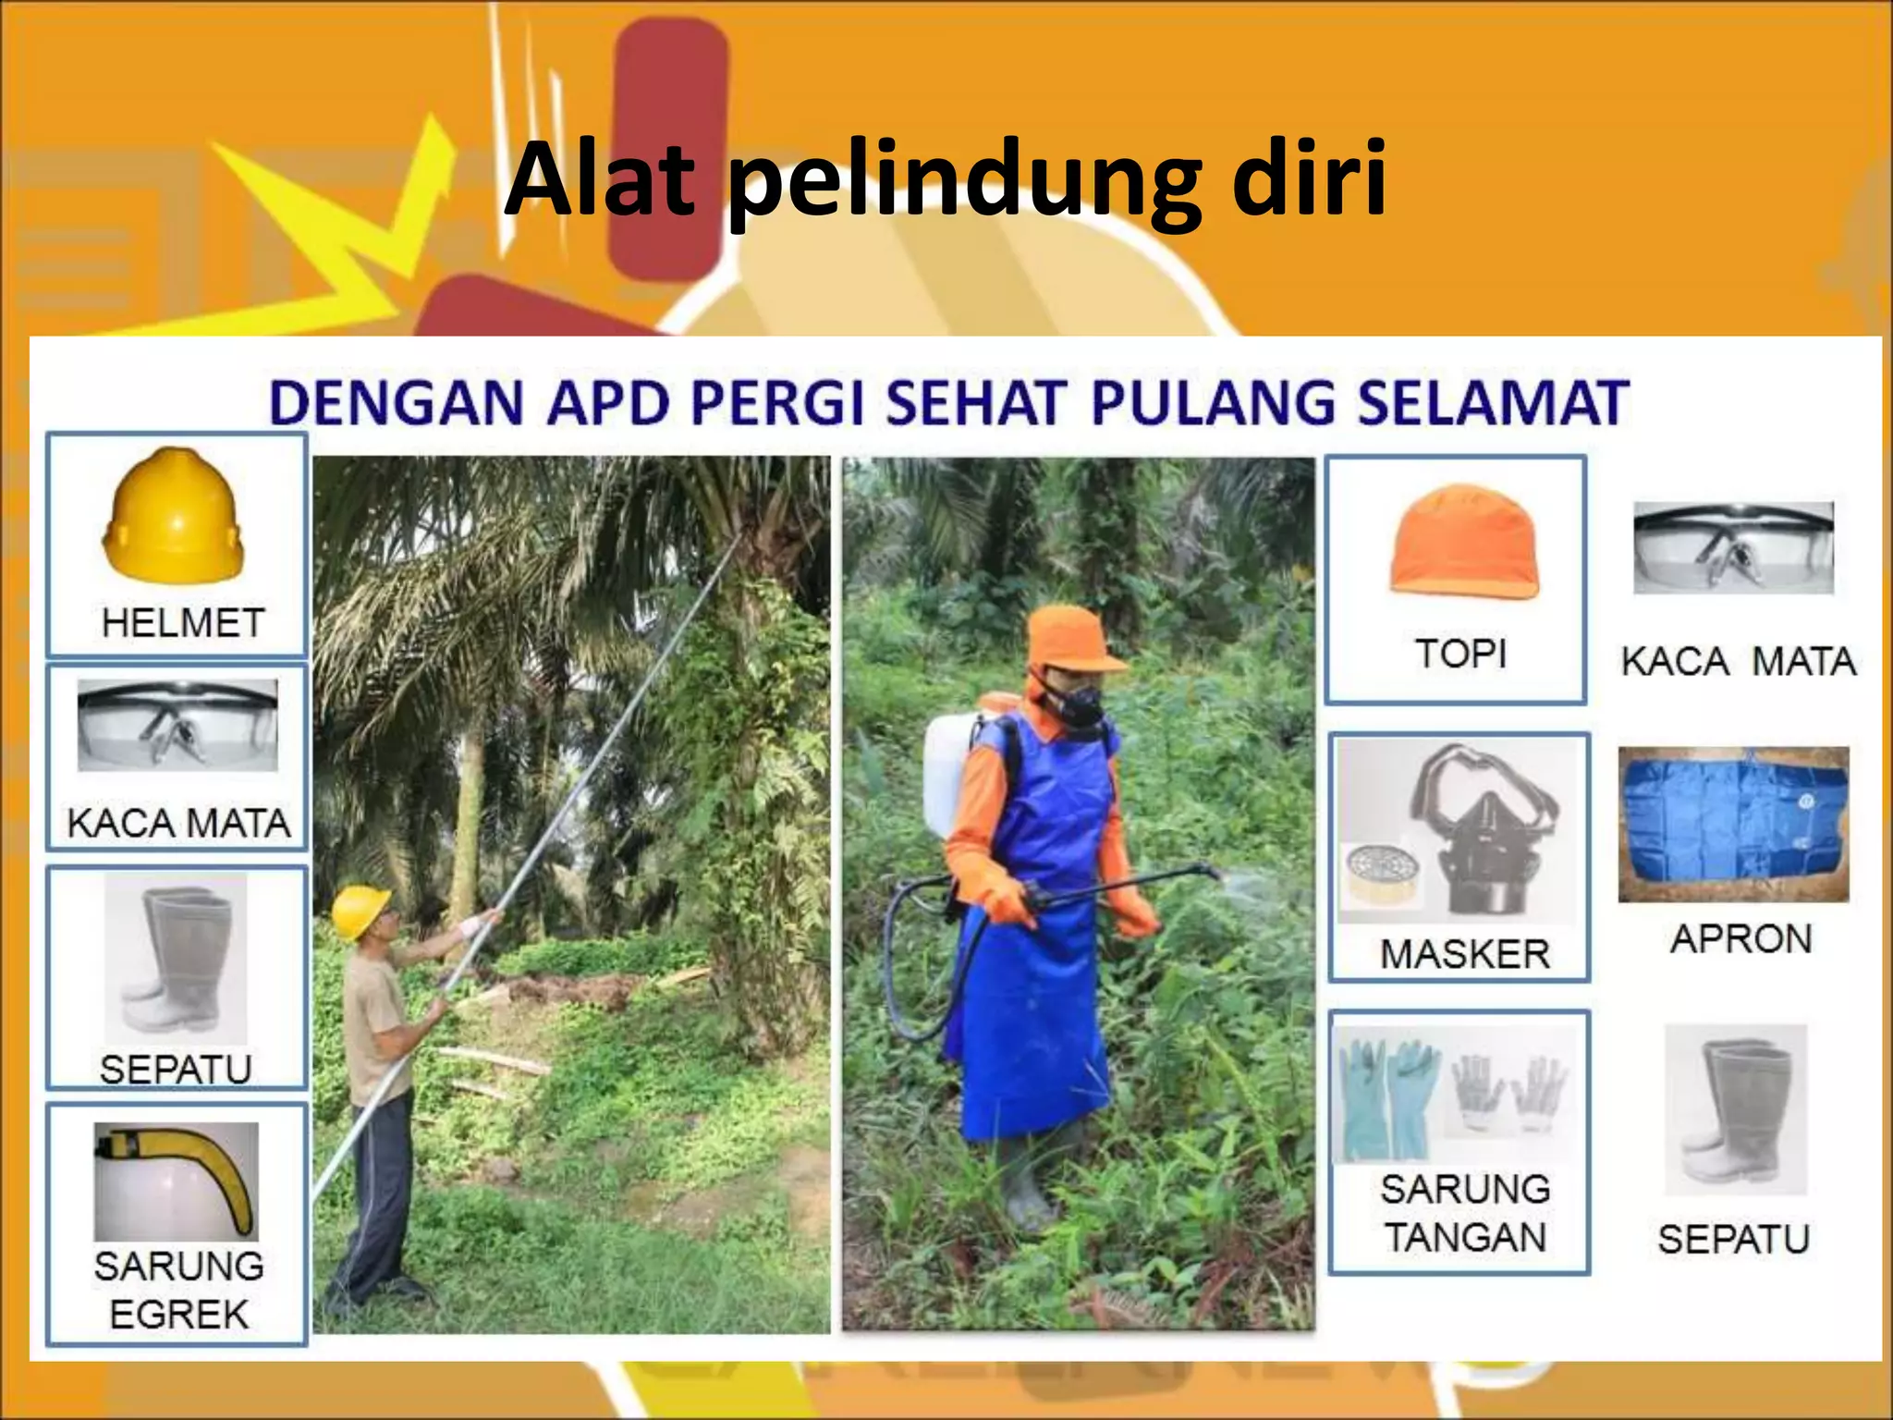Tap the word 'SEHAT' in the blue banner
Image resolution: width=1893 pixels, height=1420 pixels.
[x=971, y=403]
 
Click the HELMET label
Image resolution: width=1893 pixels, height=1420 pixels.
[x=183, y=623]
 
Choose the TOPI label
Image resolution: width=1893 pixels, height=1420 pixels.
[x=1460, y=655]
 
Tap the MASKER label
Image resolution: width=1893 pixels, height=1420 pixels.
[x=1464, y=954]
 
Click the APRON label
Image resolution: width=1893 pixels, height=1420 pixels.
[x=1740, y=939]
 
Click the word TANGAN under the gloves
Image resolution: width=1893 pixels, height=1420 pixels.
[x=1465, y=1238]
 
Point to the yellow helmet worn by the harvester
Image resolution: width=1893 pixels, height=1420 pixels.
[x=360, y=910]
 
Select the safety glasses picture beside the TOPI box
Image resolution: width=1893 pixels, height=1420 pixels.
[x=1733, y=547]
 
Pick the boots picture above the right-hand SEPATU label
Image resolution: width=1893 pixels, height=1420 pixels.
[x=1735, y=1109]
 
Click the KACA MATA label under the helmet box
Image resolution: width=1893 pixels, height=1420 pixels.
[x=178, y=823]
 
